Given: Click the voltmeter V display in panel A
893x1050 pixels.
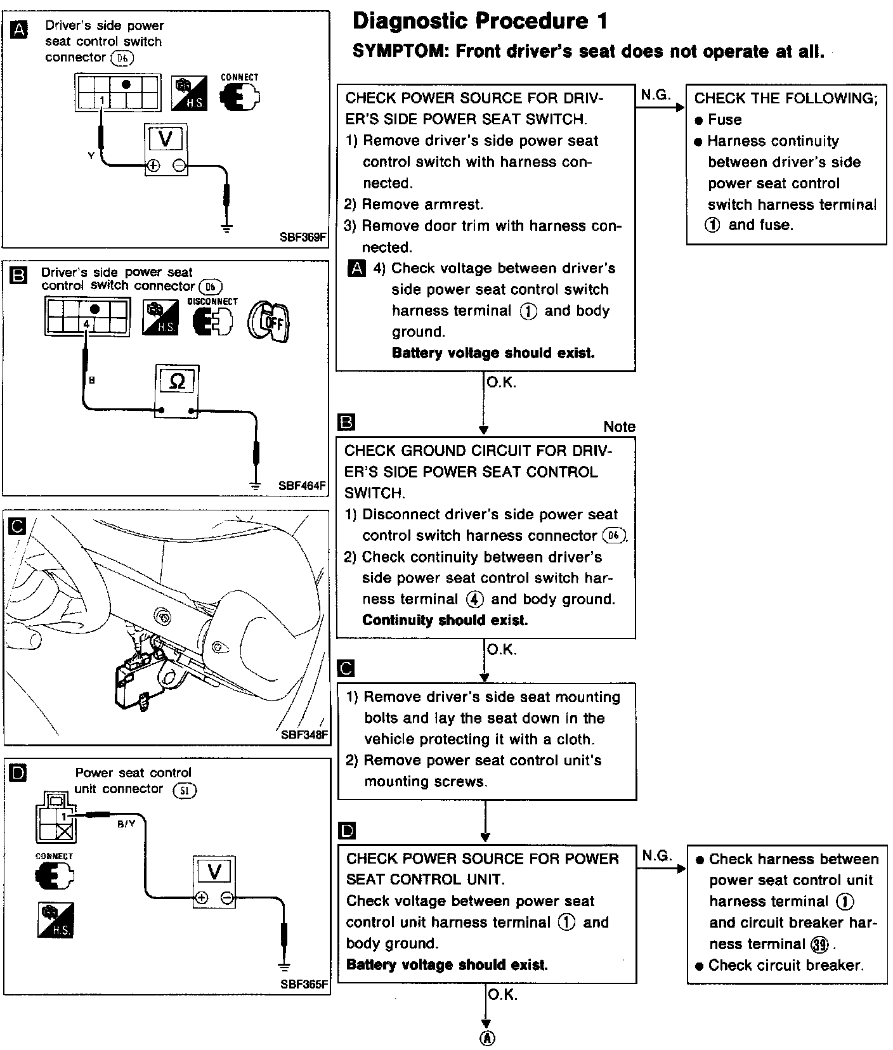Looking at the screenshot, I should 165,139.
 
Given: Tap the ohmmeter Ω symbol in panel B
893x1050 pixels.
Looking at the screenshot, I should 178,381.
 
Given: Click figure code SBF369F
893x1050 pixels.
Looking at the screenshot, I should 303,238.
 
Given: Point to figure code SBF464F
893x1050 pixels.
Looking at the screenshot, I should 302,486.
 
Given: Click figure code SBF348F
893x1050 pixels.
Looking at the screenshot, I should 304,735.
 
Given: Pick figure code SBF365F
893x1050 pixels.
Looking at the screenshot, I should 304,985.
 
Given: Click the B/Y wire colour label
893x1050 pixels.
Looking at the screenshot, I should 126,824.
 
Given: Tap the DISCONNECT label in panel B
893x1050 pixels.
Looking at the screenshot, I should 212,301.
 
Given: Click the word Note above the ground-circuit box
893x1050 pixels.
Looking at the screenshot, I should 619,427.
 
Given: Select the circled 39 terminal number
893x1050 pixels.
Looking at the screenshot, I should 820,945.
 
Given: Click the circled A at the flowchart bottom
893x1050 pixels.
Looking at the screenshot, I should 486,1039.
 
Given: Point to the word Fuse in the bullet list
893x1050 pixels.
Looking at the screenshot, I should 724,120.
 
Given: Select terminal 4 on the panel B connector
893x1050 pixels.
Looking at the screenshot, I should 87,323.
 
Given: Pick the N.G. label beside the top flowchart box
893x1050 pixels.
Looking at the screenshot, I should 655,95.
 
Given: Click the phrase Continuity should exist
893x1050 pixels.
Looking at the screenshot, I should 445,620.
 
